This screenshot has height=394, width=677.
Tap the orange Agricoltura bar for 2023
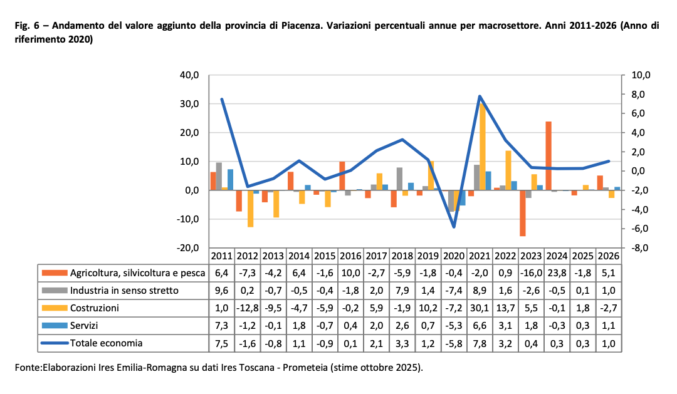tap(523, 213)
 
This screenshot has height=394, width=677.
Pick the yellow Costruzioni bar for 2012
tap(251, 209)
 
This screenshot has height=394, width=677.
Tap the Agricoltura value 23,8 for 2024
tap(556, 273)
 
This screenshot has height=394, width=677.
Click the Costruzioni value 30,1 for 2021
tap(479, 308)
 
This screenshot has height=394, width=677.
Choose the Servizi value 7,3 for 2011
tap(222, 326)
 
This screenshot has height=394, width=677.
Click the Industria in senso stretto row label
tap(124, 291)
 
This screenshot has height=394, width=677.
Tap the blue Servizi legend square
tap(55, 326)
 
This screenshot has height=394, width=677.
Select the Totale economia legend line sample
tap(55, 343)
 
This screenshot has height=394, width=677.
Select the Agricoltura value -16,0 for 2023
tap(530, 273)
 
